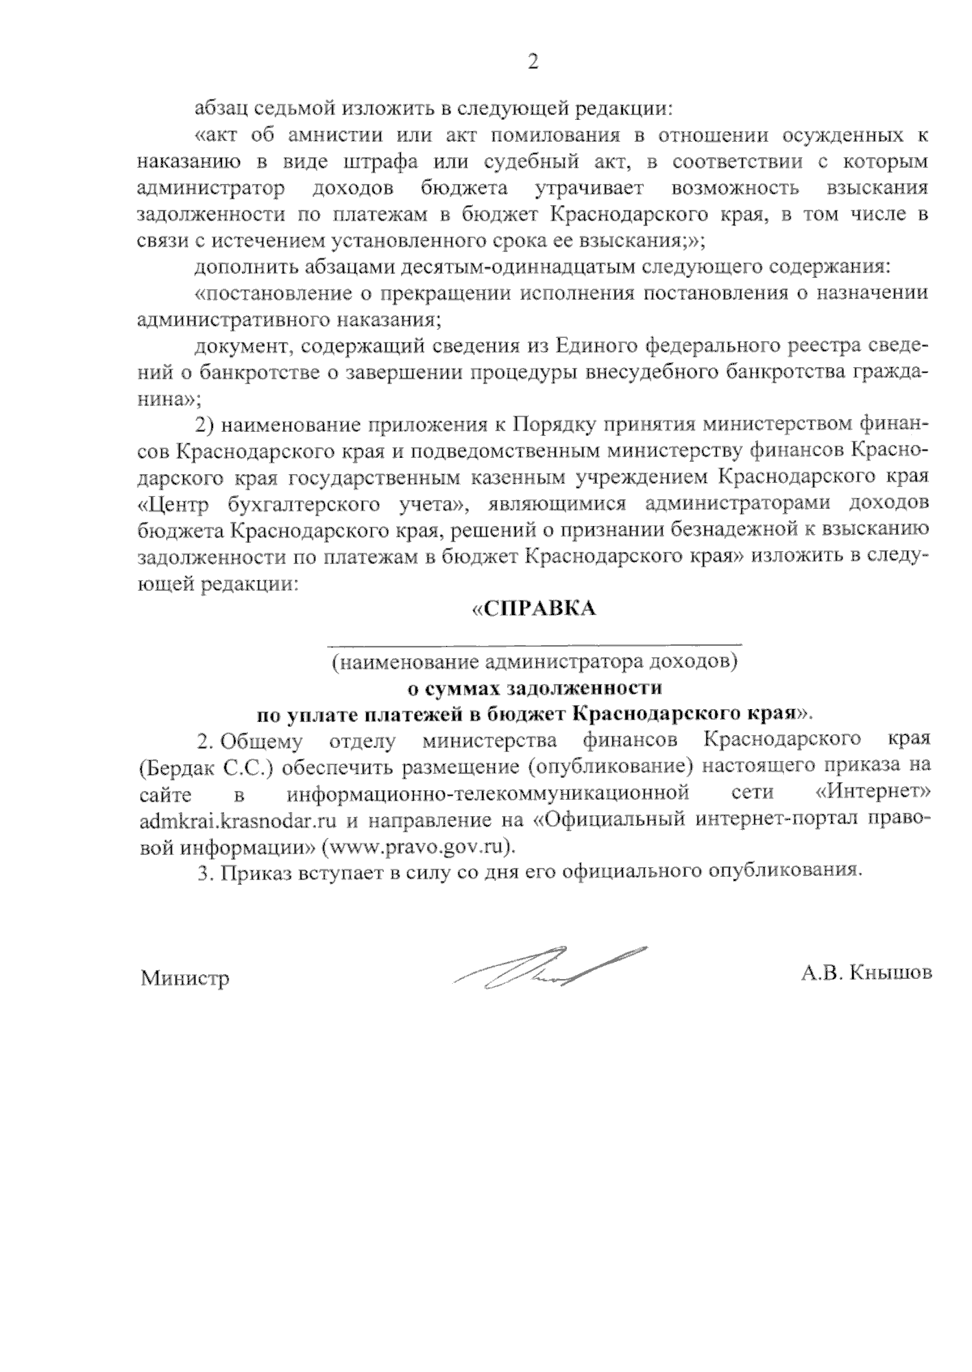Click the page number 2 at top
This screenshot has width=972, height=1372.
click(x=532, y=62)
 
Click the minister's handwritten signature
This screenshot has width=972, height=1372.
click(x=551, y=968)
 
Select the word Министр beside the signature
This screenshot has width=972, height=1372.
click(x=185, y=978)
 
